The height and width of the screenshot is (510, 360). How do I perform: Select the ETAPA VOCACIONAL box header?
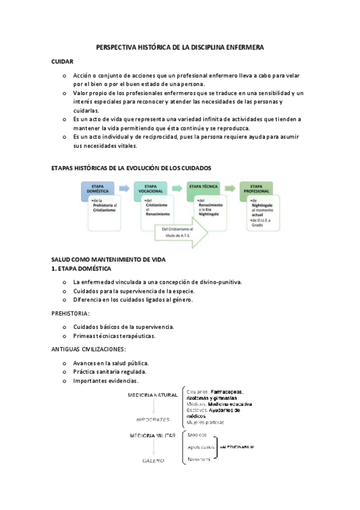coord(151,188)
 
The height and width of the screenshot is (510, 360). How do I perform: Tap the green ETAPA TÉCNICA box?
coord(204,187)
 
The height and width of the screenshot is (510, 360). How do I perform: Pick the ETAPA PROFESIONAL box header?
coord(256,188)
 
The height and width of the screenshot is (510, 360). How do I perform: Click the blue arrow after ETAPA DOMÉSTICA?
coord(124,188)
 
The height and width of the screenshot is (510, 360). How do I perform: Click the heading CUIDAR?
coord(63,62)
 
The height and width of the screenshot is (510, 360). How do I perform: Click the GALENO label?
coord(153,460)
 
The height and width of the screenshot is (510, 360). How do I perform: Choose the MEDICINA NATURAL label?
coord(152,395)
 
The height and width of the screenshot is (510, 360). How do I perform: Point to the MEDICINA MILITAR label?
coord(152,434)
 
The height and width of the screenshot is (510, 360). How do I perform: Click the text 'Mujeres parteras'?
coord(206,423)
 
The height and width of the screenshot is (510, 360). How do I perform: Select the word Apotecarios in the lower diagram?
coord(201,447)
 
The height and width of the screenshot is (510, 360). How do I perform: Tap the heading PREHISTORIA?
coord(71,313)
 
